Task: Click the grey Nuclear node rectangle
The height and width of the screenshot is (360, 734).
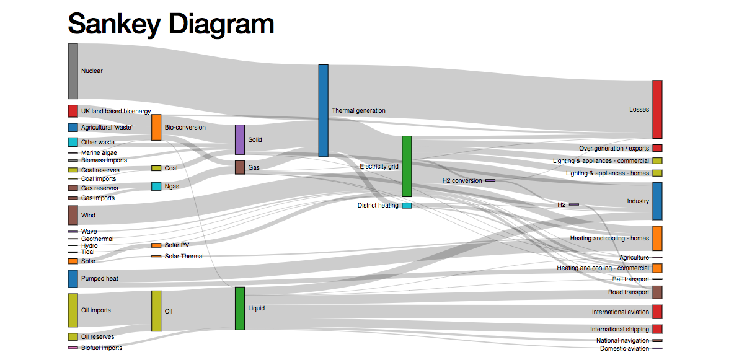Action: [x=73, y=71]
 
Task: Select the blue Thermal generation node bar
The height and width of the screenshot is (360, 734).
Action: [x=323, y=110]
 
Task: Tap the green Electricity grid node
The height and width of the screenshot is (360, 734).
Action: [x=407, y=166]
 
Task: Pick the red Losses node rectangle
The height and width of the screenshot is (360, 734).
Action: [x=657, y=110]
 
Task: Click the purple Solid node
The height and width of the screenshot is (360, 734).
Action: [x=240, y=139]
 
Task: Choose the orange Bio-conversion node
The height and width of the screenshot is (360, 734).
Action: [x=156, y=128]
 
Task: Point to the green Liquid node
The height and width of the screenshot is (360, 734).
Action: [x=240, y=309]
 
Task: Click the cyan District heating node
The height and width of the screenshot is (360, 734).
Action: [x=407, y=206]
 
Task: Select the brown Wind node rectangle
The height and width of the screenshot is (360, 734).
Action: [x=73, y=216]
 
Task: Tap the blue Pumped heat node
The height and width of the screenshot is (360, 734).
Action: [x=73, y=279]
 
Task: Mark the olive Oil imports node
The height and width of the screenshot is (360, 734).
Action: [x=73, y=310]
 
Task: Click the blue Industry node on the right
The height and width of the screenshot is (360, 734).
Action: [x=657, y=201]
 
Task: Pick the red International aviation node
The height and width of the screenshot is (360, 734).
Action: [x=657, y=312]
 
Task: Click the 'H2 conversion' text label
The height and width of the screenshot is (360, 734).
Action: [x=462, y=181]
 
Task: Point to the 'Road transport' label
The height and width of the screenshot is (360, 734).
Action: [x=628, y=292]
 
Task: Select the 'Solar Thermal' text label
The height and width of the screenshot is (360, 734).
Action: [x=184, y=256]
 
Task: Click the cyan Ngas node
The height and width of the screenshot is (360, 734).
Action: [x=156, y=187]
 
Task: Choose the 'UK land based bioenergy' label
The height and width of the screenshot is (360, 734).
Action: [x=116, y=112]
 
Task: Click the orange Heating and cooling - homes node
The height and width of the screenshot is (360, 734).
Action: [x=657, y=239]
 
